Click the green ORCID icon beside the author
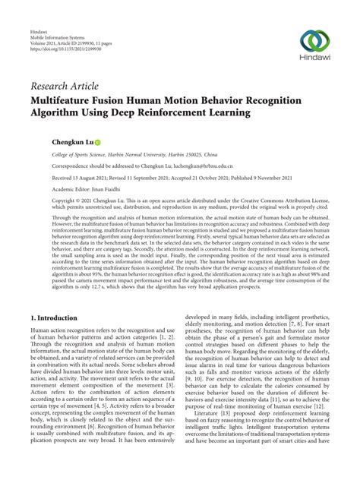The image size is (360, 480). pos(98,142)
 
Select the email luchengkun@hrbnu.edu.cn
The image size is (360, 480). pos(200,165)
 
